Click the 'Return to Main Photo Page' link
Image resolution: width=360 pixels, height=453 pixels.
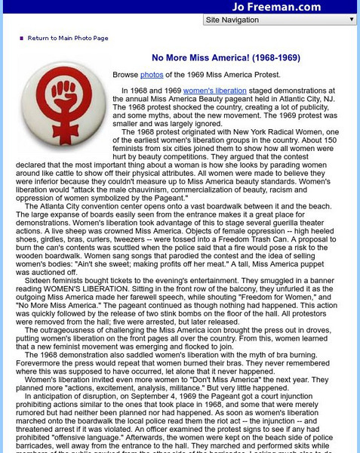[68, 38]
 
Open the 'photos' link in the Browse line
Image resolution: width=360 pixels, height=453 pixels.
[152, 75]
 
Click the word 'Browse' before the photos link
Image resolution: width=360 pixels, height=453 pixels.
[125, 75]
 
